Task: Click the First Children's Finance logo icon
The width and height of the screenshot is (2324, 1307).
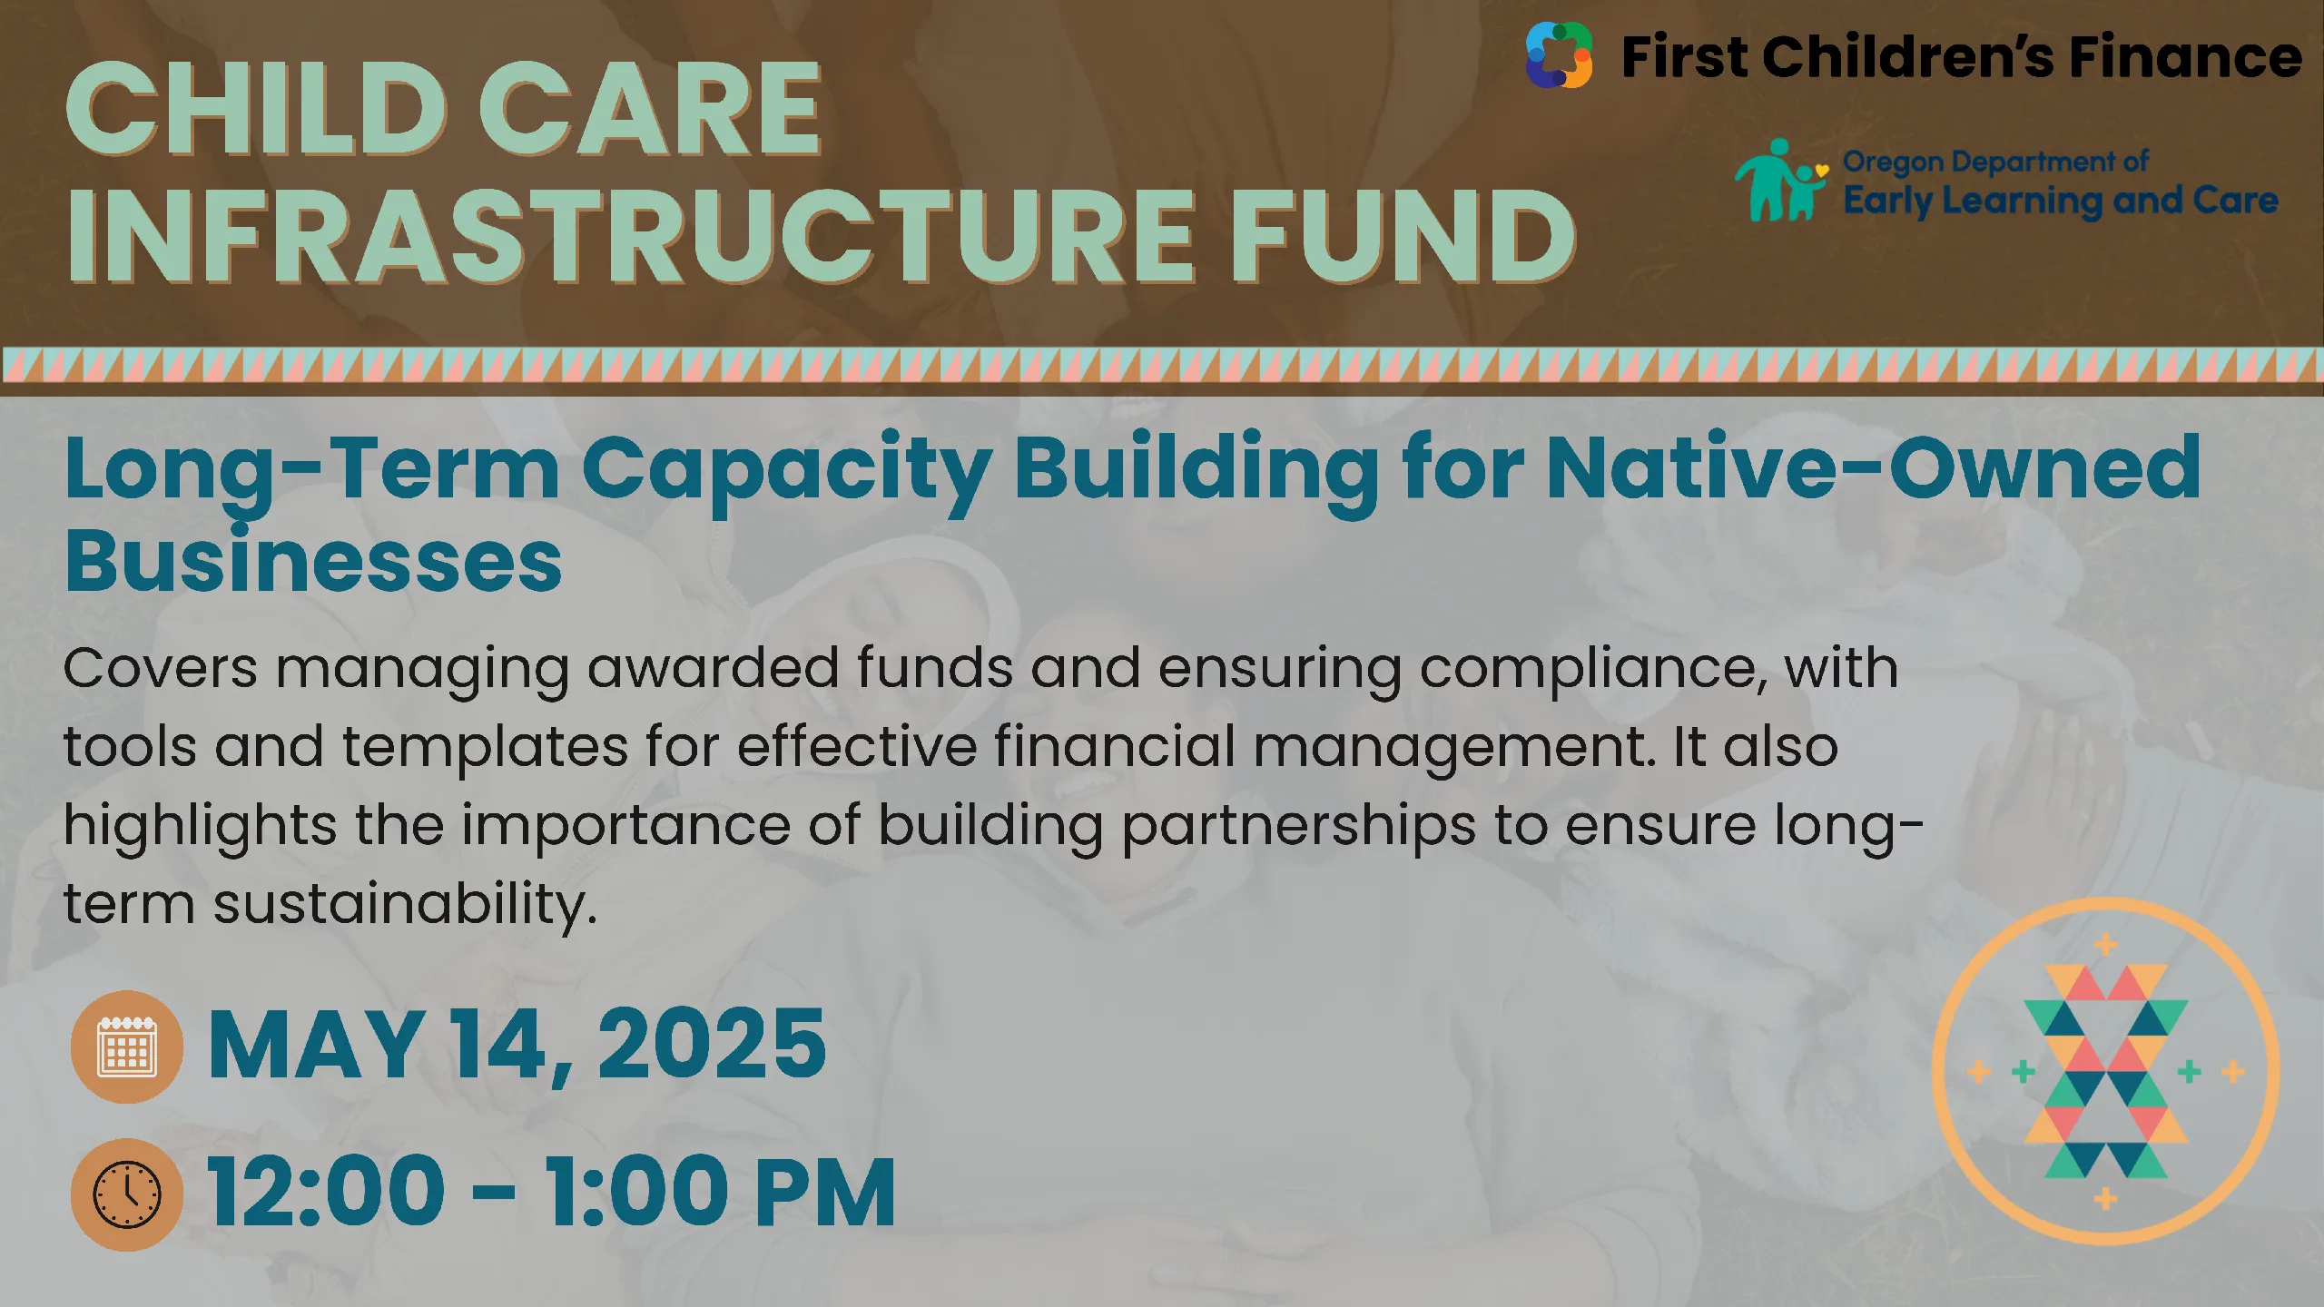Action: [x=1559, y=55]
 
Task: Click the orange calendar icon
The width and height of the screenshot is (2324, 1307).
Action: [x=127, y=1047]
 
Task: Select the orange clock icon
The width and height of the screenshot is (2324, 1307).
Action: [x=127, y=1194]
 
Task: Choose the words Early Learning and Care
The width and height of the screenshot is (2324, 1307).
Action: [x=2061, y=201]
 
